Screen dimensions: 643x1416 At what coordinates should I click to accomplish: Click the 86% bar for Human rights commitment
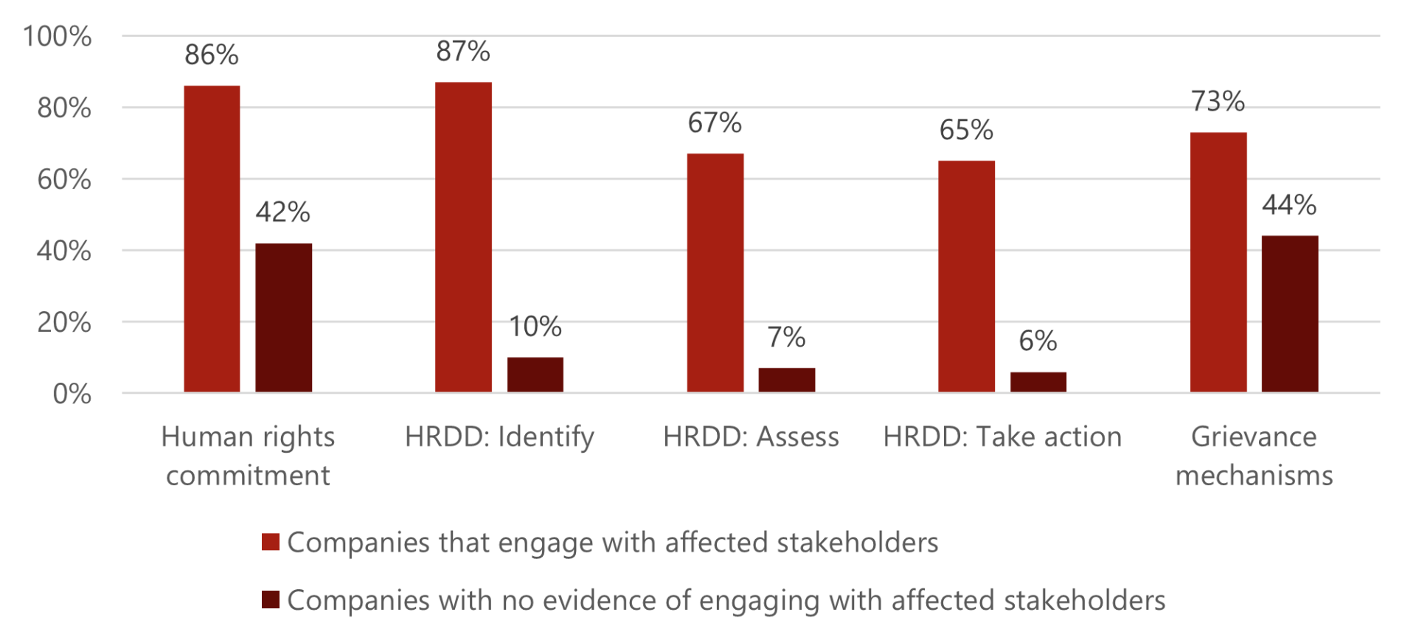point(212,239)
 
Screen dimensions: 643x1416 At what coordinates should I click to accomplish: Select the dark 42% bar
point(283,318)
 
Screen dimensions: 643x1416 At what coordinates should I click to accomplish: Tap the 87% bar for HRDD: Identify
point(463,237)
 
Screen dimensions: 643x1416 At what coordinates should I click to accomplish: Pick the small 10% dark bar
point(535,375)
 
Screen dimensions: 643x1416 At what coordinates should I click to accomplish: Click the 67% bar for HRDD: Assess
point(715,273)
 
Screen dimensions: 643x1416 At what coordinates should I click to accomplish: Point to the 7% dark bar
point(786,380)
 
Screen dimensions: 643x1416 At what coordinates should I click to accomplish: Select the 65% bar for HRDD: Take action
point(966,277)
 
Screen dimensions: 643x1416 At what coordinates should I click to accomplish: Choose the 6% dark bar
point(1038,382)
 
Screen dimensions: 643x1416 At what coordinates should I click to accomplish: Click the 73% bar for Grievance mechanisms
point(1218,263)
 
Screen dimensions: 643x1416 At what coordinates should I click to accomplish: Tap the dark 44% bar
point(1289,314)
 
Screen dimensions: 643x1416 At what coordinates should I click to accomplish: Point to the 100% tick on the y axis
point(58,36)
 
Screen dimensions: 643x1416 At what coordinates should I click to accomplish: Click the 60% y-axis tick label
point(64,179)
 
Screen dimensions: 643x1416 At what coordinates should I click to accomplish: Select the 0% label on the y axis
point(72,394)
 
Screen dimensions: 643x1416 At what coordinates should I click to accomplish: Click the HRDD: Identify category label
point(499,437)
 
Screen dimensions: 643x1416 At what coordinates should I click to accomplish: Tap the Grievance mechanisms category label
point(1254,456)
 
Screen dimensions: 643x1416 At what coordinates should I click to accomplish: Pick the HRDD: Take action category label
point(1002,437)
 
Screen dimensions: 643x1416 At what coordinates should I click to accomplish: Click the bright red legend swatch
point(271,542)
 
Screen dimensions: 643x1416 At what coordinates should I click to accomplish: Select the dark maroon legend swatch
point(271,599)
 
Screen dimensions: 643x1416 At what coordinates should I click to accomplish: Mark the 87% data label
point(463,52)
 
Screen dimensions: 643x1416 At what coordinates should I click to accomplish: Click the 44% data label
point(1289,205)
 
